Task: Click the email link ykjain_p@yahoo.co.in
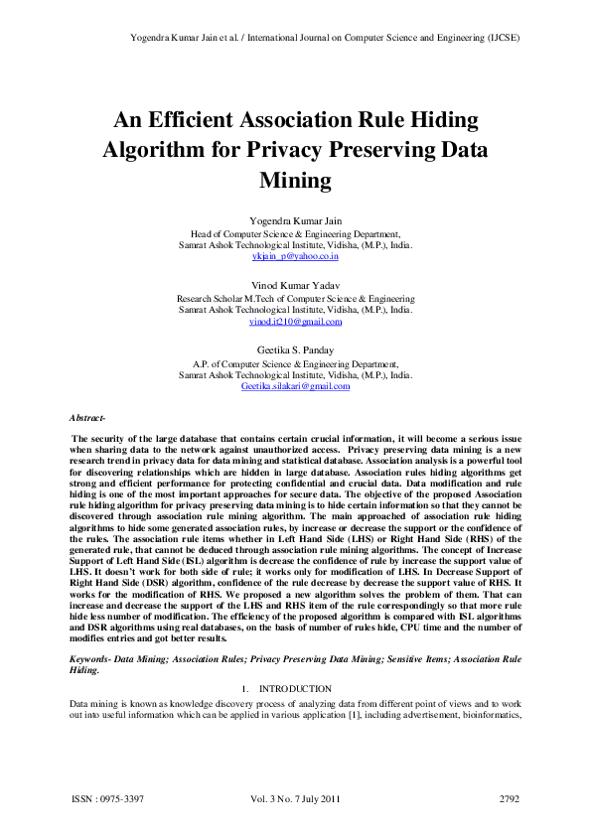(x=295, y=256)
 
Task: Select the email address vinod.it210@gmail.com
(x=295, y=322)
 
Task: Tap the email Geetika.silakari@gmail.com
(x=295, y=386)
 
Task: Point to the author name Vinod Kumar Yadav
(x=295, y=284)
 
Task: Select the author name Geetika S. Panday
(x=295, y=349)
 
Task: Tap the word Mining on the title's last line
(x=295, y=181)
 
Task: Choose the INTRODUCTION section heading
(x=294, y=688)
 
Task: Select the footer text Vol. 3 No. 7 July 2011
(x=296, y=798)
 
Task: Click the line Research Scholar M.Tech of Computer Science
(x=295, y=298)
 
